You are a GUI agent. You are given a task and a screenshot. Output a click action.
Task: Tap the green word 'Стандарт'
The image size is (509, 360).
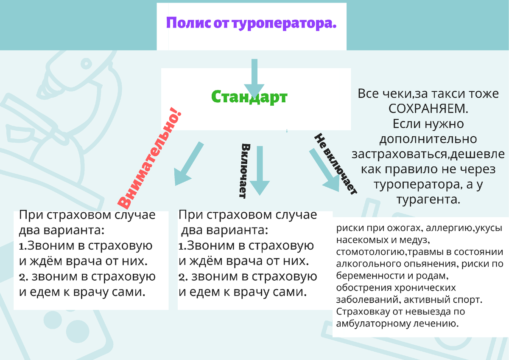[x=249, y=97]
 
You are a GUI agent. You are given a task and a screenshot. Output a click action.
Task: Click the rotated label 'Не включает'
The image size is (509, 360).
[x=335, y=164]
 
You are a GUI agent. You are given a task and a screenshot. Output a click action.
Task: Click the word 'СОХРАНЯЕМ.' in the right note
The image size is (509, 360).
[x=428, y=108]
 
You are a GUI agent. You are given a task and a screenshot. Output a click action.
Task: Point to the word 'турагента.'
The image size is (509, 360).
[x=428, y=200]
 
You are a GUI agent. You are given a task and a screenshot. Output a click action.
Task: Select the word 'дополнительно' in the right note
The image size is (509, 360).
[x=428, y=139]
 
